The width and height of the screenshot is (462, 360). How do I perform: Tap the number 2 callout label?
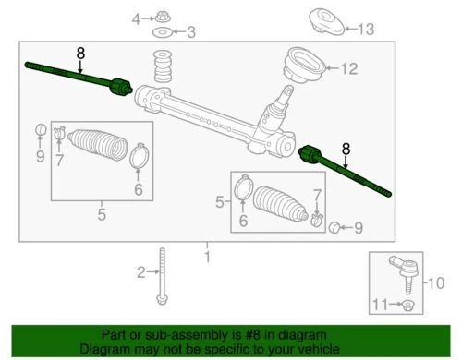tap(142, 272)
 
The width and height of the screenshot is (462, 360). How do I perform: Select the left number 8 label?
tap(81, 54)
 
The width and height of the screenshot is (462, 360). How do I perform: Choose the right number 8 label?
tap(346, 147)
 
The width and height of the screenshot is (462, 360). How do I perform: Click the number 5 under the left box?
tap(102, 216)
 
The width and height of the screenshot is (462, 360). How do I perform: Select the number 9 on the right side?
tap(359, 226)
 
